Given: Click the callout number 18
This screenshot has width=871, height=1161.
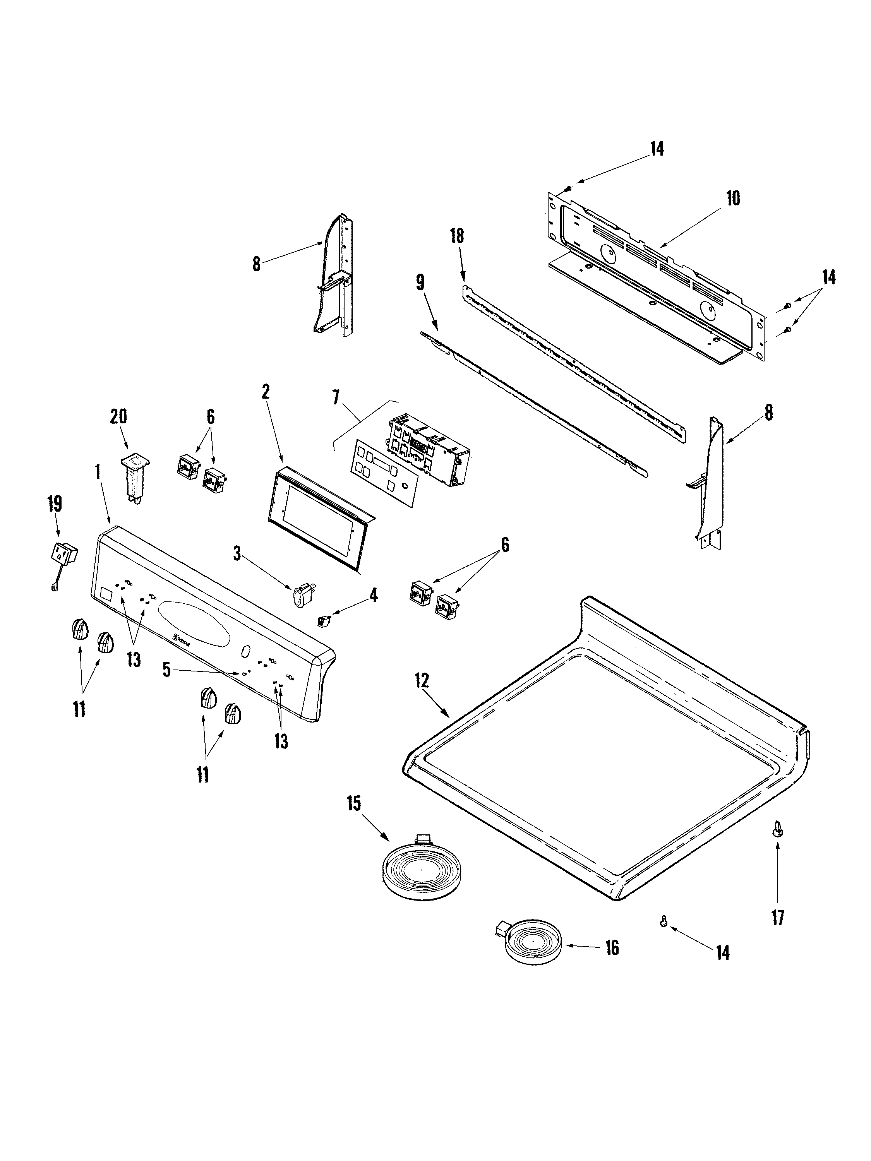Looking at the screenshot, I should tap(457, 236).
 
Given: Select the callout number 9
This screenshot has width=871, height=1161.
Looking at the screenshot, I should tap(420, 283).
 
